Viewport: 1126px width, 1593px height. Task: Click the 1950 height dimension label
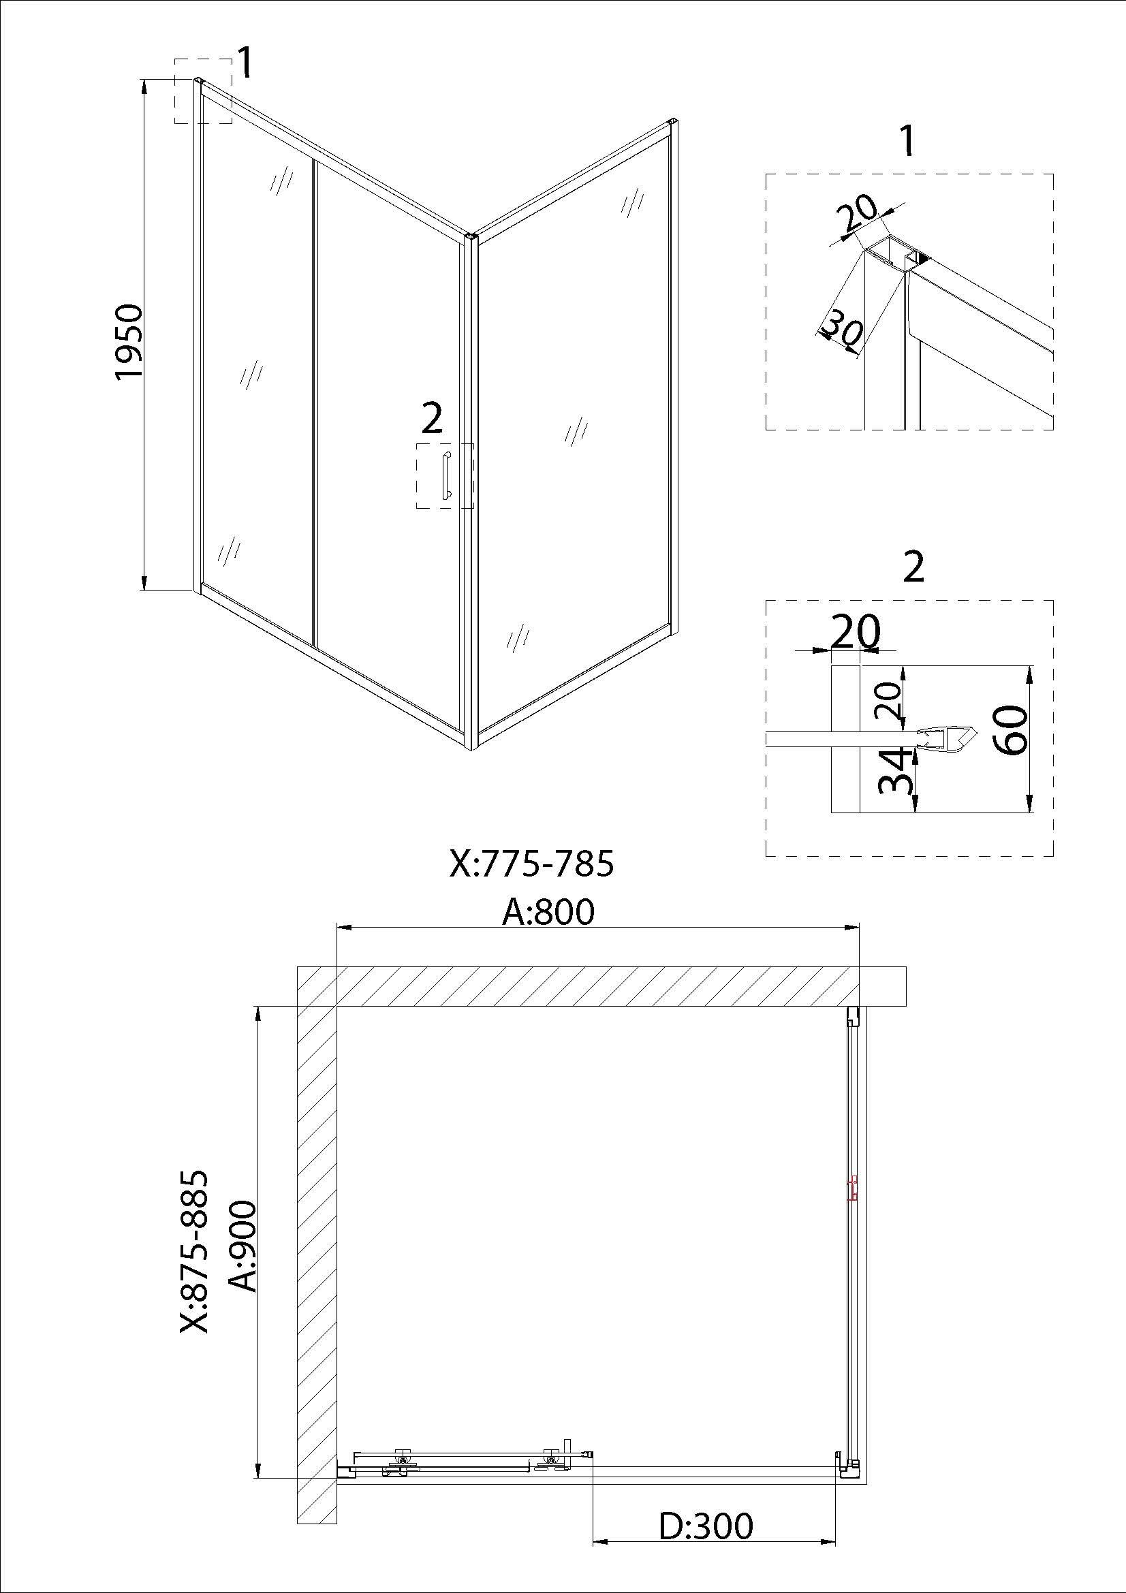click(x=129, y=341)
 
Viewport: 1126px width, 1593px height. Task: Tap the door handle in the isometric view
click(x=446, y=475)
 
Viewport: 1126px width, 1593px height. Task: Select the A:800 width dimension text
click(x=548, y=911)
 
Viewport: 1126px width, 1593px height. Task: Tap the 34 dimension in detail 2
click(x=892, y=770)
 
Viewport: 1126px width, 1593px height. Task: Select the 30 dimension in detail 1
click(x=841, y=329)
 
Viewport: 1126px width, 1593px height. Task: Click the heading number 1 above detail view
click(x=906, y=142)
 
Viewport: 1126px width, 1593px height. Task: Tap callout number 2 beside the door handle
click(x=431, y=419)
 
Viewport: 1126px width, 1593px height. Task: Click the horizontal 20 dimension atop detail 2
click(x=855, y=631)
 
